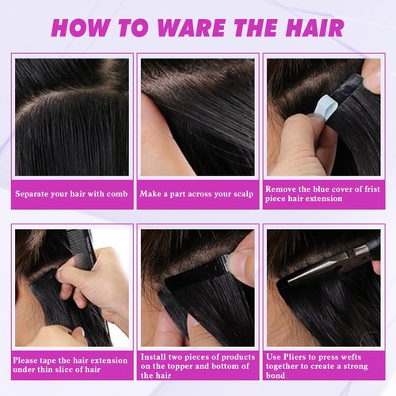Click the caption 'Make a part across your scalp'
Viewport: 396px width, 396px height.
tap(196, 193)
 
